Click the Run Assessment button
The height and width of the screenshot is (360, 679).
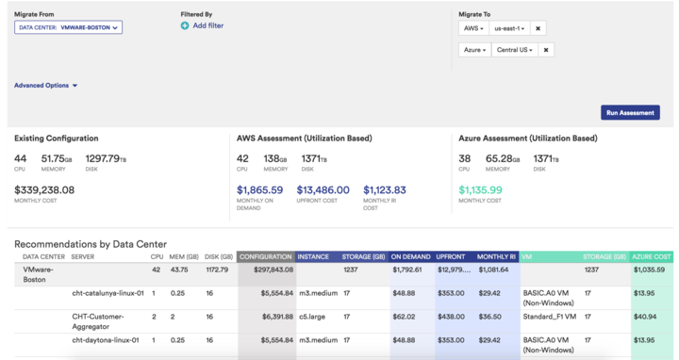[x=630, y=112]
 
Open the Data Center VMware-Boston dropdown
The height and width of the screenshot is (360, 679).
[x=69, y=28]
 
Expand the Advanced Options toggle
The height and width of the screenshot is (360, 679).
[x=45, y=85]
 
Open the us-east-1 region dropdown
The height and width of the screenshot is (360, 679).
[x=508, y=28]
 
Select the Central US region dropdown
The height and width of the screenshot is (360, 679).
[x=515, y=49]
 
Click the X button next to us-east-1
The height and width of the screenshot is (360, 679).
[x=537, y=28]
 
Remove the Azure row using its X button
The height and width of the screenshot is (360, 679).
[x=546, y=49]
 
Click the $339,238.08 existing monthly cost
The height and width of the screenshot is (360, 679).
[x=44, y=189]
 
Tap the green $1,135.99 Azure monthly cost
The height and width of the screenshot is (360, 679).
[x=480, y=189]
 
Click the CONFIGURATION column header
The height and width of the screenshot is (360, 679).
[x=265, y=256]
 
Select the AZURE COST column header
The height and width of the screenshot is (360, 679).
[x=652, y=256]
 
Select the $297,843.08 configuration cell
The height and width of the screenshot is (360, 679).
[x=270, y=270]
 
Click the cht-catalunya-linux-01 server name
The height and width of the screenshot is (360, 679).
[x=108, y=293]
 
